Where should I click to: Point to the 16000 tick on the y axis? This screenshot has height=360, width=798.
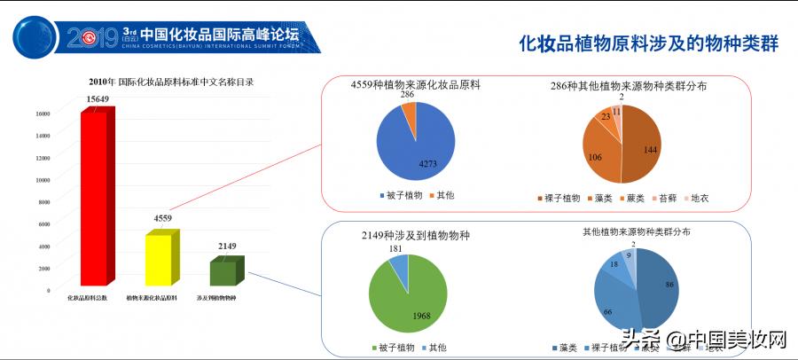43,113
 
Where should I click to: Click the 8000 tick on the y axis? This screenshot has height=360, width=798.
43,201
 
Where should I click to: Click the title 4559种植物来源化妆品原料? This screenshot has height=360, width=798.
415,85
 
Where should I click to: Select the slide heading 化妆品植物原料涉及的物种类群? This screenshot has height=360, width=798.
647,43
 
